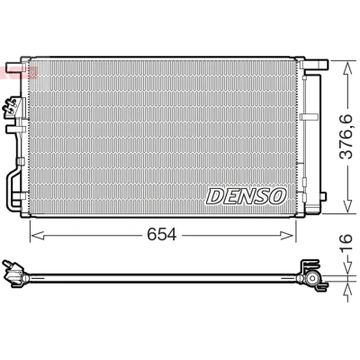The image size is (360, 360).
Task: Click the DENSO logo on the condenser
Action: click(246, 196)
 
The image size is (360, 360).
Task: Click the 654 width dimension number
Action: click(162, 235)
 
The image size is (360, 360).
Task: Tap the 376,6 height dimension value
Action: click(346, 137)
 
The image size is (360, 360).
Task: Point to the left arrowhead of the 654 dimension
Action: click(38, 236)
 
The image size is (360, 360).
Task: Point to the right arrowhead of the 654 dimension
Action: click(287, 236)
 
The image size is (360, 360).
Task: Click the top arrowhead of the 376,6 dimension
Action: click(347, 68)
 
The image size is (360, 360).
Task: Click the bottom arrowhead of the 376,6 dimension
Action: click(347, 205)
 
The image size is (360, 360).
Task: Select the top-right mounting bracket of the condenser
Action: click(316, 64)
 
